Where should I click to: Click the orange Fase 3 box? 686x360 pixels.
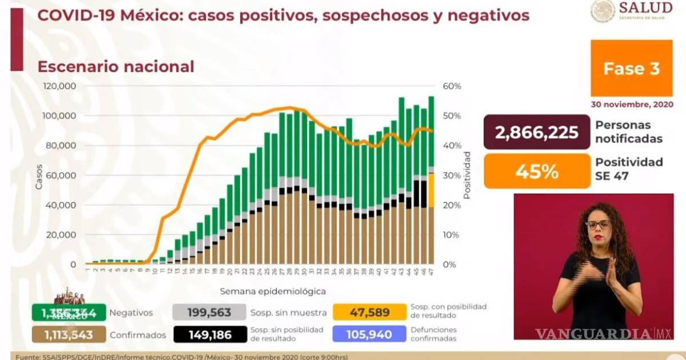(631, 69)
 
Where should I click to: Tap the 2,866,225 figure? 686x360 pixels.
(536, 133)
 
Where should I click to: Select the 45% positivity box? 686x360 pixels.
(536, 171)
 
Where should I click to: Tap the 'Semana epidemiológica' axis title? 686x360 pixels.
(273, 291)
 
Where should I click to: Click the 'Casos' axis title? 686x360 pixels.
(38, 175)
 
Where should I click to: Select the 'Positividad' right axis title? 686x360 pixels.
(467, 175)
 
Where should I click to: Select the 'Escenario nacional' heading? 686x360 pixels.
(115, 67)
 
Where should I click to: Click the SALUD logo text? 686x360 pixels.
(645, 8)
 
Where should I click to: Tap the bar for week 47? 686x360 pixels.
(431, 183)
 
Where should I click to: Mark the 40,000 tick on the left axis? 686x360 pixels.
(63, 205)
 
